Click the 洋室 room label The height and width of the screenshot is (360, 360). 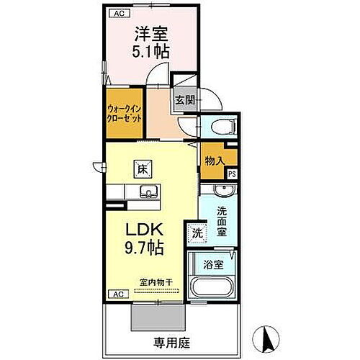[x=150, y=32]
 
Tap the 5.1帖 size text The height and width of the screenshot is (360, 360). [x=150, y=51]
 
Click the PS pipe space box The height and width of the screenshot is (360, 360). [x=232, y=174]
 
